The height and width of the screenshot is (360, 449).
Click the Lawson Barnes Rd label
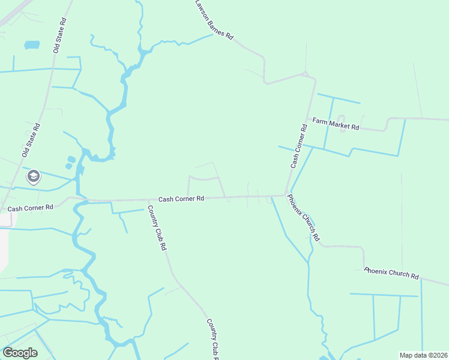pos(213,20)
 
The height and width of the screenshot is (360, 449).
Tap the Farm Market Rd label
pos(336,124)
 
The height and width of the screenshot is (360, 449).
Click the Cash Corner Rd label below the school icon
pos(30,208)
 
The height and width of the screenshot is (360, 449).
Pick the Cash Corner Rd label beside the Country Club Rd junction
pos(181,199)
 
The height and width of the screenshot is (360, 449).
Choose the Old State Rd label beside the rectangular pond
pos(59,35)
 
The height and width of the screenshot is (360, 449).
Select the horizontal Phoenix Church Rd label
pos(391,274)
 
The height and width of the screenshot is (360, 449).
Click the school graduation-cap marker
pos(33,177)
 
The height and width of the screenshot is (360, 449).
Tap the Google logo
pos(20,353)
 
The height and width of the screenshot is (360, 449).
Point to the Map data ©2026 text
pos(423,355)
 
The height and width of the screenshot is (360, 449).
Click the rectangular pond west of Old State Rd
pos(32,45)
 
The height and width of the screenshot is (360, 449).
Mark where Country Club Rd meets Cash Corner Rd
pos(148,200)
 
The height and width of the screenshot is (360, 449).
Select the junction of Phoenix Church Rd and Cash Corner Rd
pos(286,194)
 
